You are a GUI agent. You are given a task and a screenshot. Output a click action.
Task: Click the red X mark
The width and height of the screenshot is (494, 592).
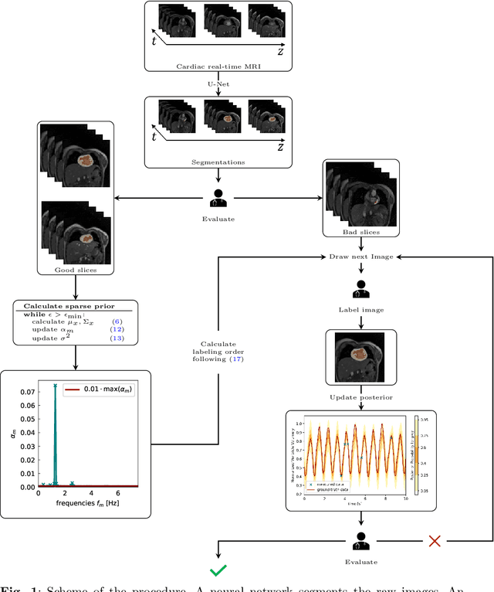(x=435, y=540)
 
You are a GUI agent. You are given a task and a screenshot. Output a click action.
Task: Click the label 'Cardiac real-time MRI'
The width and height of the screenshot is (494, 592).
(x=218, y=67)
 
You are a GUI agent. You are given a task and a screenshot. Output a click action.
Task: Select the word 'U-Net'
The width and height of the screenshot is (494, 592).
(x=218, y=81)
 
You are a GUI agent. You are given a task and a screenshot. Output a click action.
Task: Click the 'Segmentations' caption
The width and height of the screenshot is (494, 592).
(x=218, y=162)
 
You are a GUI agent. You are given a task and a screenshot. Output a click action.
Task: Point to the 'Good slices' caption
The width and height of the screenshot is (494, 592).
(x=75, y=270)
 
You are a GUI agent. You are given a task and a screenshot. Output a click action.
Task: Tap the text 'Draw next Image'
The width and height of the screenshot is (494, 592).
(x=360, y=256)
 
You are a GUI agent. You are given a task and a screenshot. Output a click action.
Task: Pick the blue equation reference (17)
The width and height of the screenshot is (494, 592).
(x=235, y=359)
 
